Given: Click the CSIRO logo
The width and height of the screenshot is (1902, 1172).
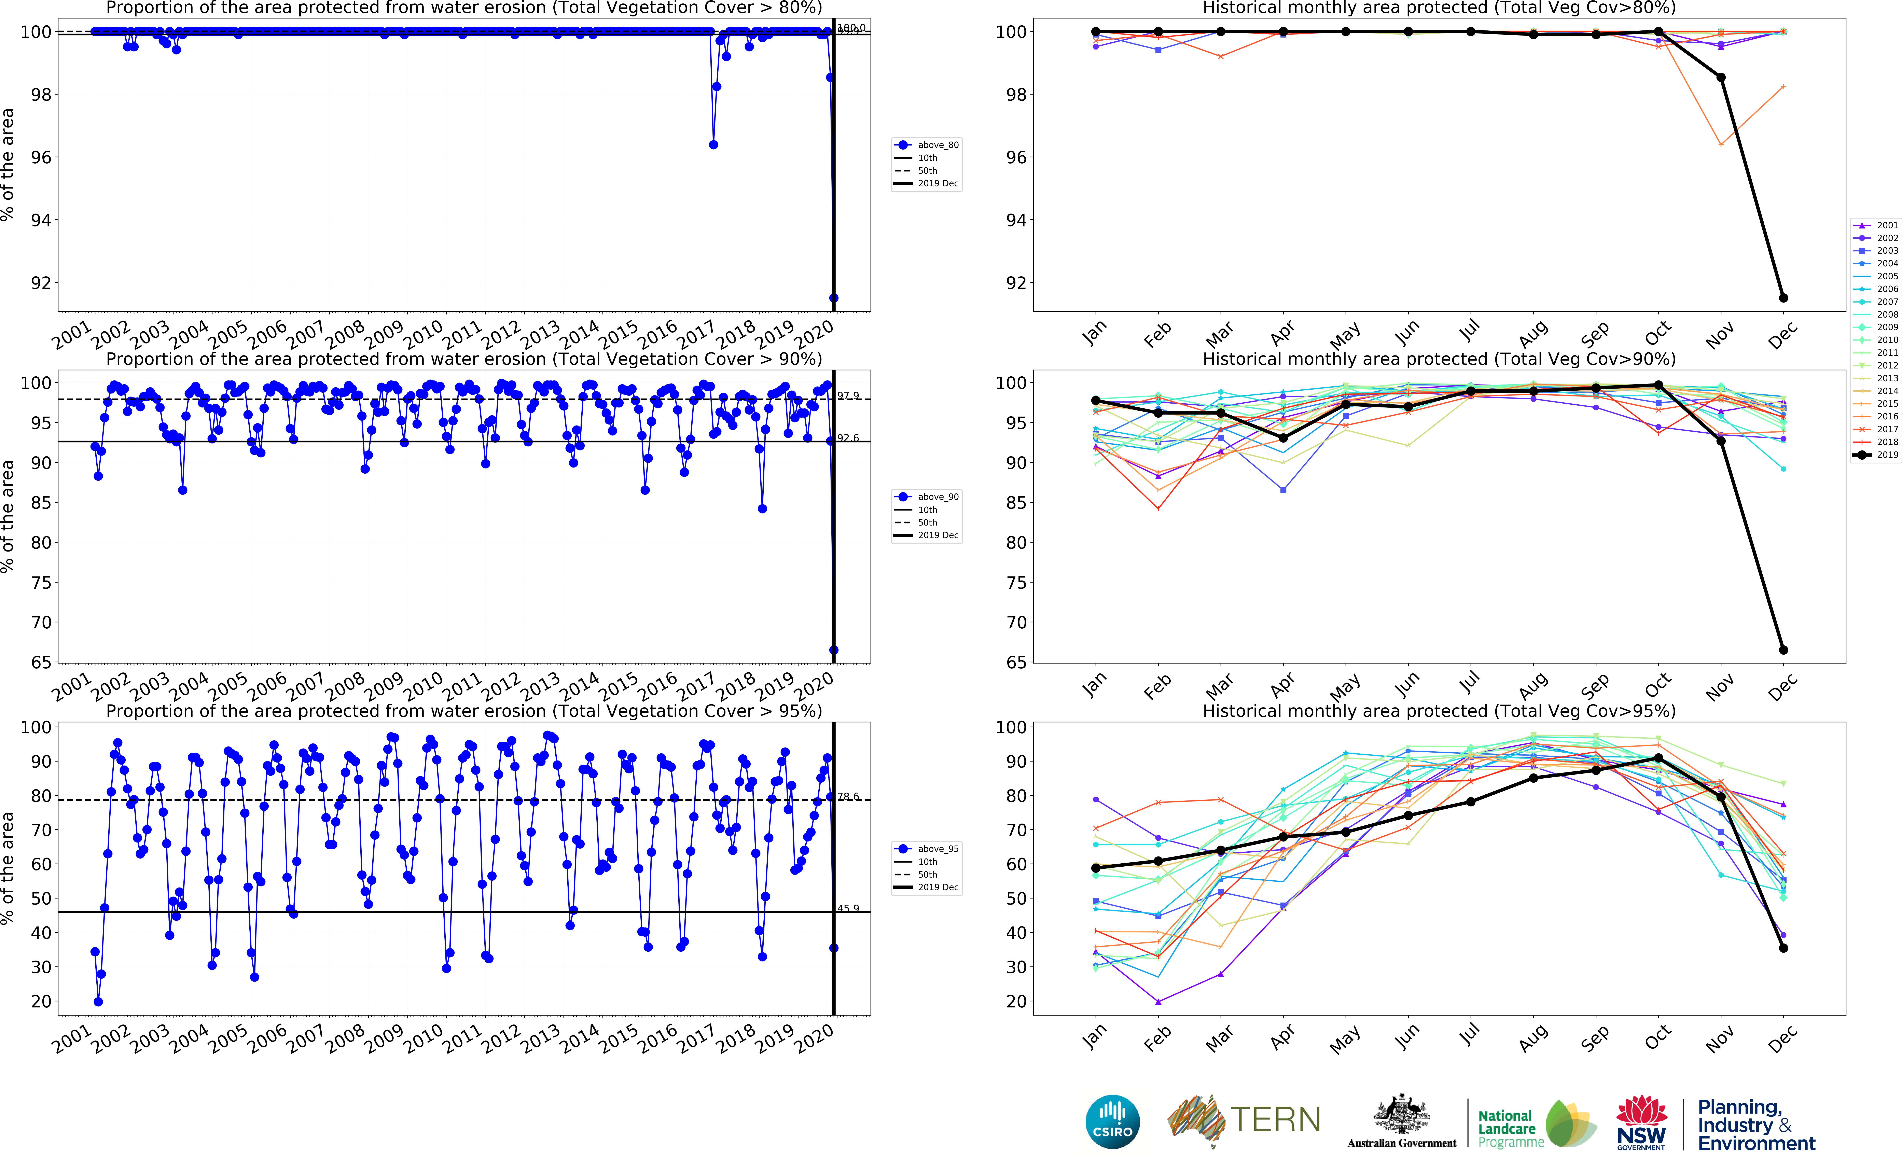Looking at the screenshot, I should pos(1112,1122).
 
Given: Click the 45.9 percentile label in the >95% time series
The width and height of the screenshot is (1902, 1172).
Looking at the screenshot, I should pos(848,908).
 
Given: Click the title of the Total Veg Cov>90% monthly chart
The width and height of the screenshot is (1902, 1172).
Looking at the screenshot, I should pos(1439,359).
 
